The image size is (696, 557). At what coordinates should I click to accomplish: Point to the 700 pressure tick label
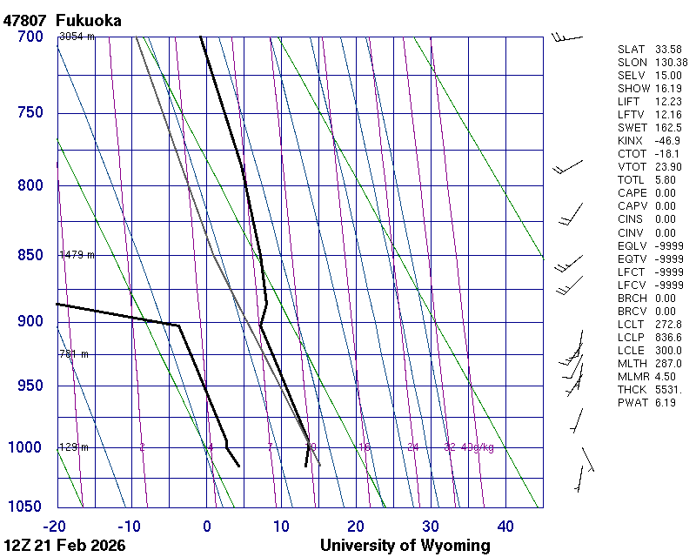coord(30,37)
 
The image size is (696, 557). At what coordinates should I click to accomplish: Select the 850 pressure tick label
coord(30,255)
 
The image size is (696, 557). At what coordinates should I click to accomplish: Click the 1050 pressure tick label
coord(25,507)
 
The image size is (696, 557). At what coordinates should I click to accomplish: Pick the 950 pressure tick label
coord(30,386)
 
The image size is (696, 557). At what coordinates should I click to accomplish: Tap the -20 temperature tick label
coord(55,526)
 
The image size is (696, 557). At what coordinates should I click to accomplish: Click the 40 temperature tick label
coord(505,526)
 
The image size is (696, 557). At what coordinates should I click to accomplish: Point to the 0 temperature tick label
coord(207,526)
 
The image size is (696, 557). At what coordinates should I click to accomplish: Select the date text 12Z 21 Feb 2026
coord(64,546)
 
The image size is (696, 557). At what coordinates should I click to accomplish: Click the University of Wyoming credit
coord(405,546)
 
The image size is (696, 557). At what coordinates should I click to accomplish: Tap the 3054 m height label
coord(77,37)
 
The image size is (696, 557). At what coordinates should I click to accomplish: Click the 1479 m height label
coord(77,255)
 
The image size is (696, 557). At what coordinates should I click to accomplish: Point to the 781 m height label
coord(74,354)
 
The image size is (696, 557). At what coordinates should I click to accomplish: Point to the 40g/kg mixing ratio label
coord(478,447)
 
